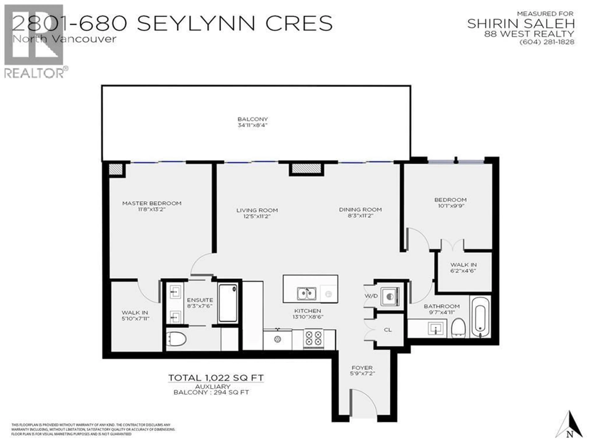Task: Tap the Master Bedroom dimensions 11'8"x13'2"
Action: pyautogui.click(x=152, y=209)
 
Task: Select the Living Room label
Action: pyautogui.click(x=257, y=210)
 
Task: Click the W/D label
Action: pyautogui.click(x=371, y=296)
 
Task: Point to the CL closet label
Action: pyautogui.click(x=388, y=330)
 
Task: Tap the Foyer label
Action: pyautogui.click(x=362, y=368)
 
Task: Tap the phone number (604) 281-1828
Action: pyautogui.click(x=547, y=42)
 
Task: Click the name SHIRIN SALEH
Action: pyautogui.click(x=521, y=24)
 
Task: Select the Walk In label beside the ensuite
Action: pyautogui.click(x=135, y=312)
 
